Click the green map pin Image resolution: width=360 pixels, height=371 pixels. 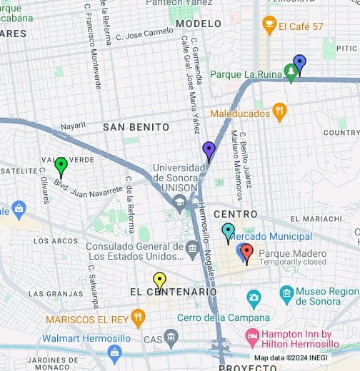click(x=61, y=166)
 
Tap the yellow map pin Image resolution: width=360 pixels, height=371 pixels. click(x=159, y=280)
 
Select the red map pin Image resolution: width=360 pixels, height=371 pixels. click(x=246, y=253)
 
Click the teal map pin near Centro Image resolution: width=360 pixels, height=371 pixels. click(x=228, y=232)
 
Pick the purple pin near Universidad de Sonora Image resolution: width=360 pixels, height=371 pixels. click(x=209, y=150)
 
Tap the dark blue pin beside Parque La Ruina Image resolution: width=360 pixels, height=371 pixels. click(x=299, y=63)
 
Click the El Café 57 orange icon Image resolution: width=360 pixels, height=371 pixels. click(x=269, y=26)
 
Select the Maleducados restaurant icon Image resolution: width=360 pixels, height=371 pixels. click(x=279, y=112)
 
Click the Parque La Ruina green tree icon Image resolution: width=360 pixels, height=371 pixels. click(x=290, y=73)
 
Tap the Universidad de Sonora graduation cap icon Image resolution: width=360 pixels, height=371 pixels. click(x=179, y=203)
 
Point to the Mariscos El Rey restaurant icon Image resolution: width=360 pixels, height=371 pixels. click(x=138, y=318)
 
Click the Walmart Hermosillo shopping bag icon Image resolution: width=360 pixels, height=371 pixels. click(x=114, y=352)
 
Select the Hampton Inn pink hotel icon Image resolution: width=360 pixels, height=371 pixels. click(x=252, y=335)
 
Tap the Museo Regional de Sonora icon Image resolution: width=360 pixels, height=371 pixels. click(x=286, y=293)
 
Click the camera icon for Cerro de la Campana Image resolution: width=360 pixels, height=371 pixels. click(x=254, y=298)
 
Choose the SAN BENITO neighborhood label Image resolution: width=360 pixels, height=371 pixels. click(x=136, y=127)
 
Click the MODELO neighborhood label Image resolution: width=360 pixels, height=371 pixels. click(x=198, y=24)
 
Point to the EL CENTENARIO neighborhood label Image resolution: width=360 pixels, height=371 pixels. click(x=174, y=292)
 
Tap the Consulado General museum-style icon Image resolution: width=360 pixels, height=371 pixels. click(x=192, y=250)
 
